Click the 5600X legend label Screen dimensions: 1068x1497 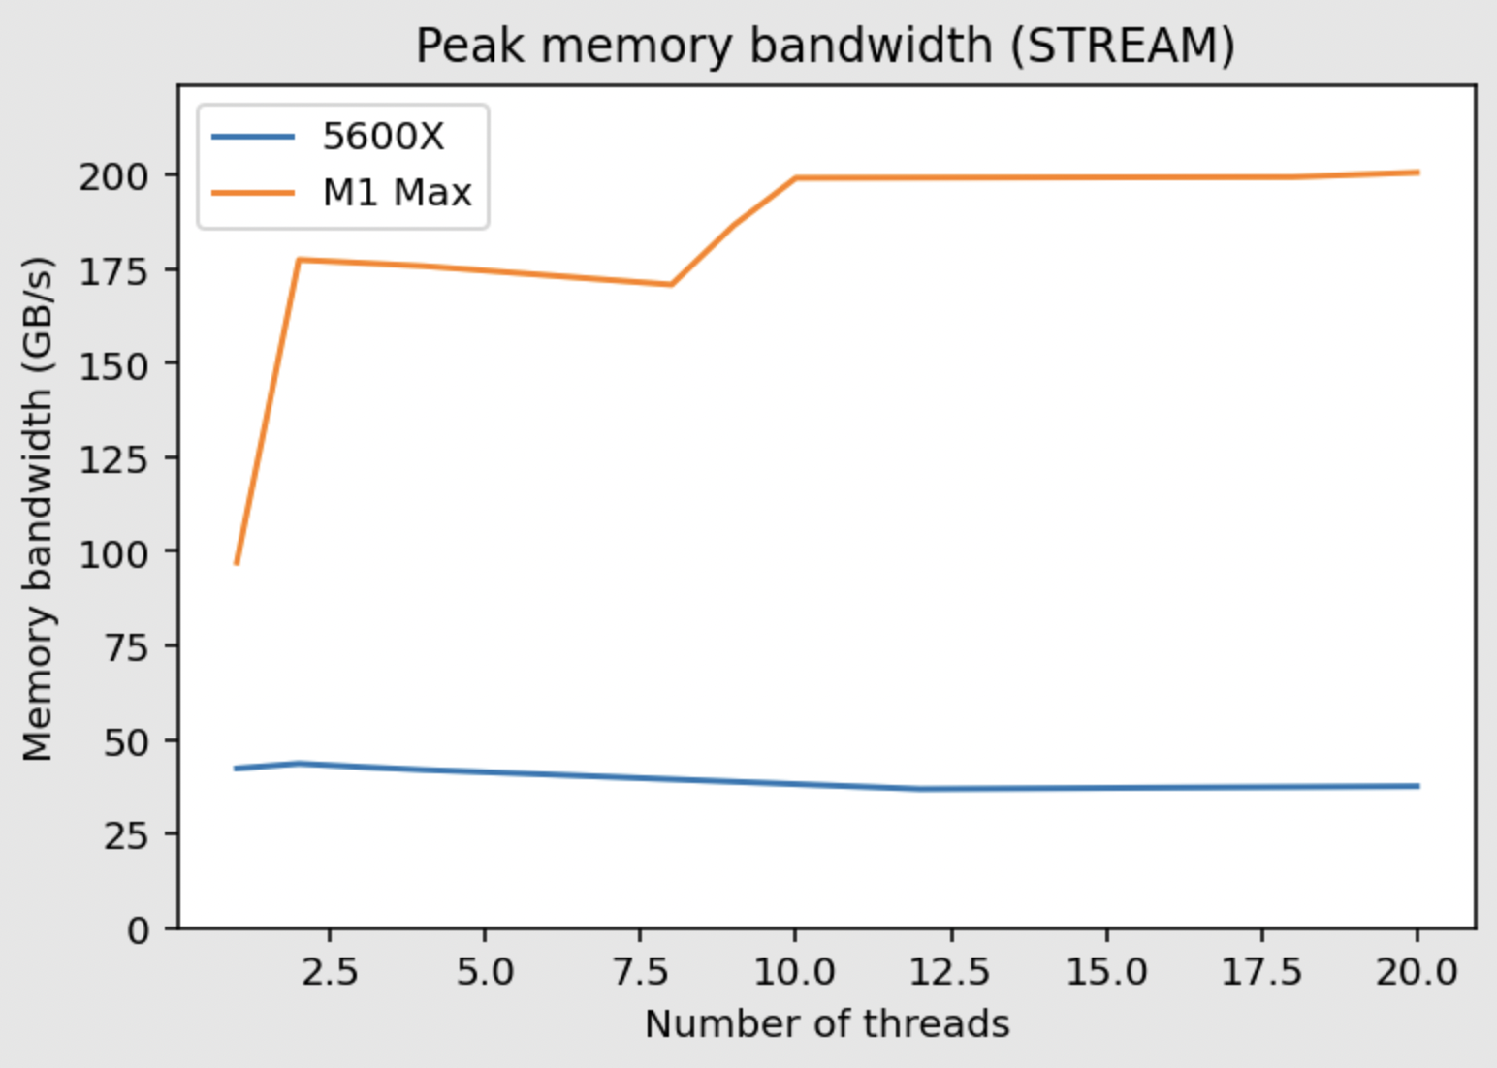383,137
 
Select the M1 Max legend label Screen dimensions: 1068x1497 397,193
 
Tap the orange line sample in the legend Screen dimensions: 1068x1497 253,193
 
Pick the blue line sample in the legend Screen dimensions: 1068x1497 253,137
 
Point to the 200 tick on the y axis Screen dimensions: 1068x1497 113,176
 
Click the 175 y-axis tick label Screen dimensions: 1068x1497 113,270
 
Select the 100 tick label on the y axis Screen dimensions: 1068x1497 113,552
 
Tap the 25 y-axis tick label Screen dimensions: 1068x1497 126,834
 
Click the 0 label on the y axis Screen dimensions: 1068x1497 139,930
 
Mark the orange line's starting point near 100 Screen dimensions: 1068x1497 237,562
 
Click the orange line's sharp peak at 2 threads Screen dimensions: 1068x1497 299,260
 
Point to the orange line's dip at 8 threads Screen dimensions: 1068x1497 671,284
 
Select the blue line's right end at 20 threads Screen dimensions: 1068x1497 1417,786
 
